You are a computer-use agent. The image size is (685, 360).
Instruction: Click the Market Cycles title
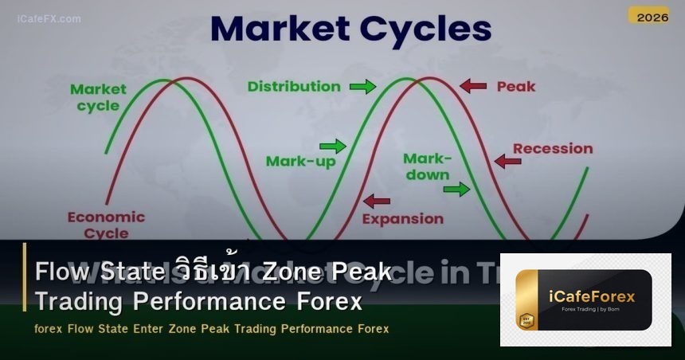(x=350, y=29)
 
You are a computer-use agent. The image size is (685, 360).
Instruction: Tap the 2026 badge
(x=648, y=16)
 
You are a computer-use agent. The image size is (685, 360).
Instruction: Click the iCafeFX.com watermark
(x=49, y=18)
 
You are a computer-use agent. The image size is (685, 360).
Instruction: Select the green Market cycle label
(x=98, y=97)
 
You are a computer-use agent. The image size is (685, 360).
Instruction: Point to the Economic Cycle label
(x=106, y=225)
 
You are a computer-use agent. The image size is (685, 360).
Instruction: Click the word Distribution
(x=294, y=86)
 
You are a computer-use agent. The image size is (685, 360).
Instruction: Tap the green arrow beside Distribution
(x=362, y=86)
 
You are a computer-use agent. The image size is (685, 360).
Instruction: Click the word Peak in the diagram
(x=516, y=86)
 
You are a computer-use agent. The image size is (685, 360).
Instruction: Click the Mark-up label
(x=300, y=162)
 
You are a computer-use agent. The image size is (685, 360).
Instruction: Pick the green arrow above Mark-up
(x=332, y=146)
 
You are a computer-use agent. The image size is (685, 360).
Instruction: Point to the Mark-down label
(x=427, y=166)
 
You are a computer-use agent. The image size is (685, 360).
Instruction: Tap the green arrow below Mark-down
(x=456, y=189)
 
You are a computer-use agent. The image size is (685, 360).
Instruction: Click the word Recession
(x=553, y=148)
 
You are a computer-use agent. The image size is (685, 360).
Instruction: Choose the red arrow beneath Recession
(x=507, y=162)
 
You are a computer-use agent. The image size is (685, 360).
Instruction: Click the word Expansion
(x=402, y=218)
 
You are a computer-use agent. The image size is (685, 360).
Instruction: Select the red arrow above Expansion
(x=376, y=202)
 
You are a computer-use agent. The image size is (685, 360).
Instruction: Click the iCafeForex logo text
(x=593, y=296)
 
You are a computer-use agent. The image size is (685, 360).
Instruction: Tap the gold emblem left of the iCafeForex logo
(x=526, y=318)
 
